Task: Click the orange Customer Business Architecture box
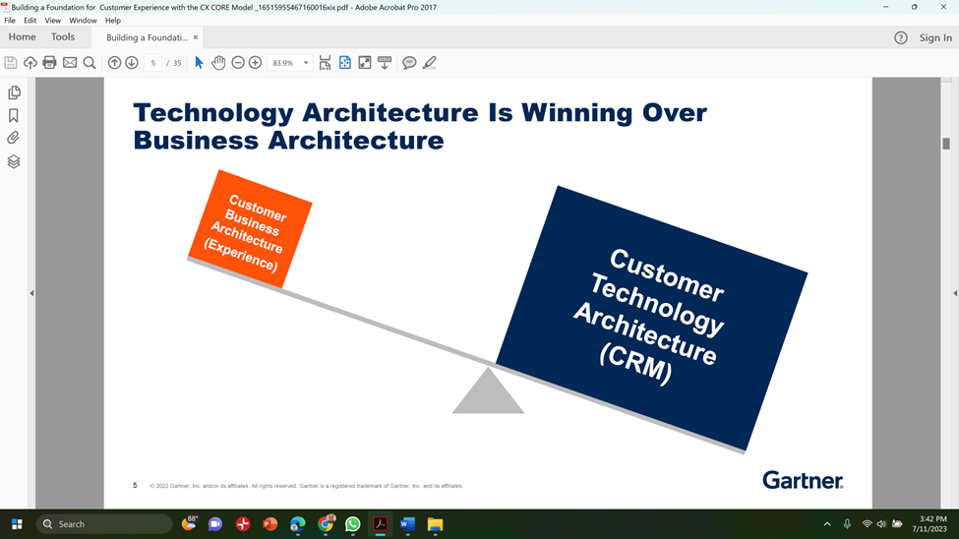tap(250, 229)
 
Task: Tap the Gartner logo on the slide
tap(803, 480)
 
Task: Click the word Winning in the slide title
tap(576, 112)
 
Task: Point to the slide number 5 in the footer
tap(135, 485)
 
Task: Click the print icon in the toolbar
tap(49, 62)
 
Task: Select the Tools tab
tap(63, 36)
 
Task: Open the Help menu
tap(113, 21)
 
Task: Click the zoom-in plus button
tap(255, 62)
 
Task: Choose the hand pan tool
tap(218, 62)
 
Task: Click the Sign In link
tap(935, 37)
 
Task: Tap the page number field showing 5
tap(152, 62)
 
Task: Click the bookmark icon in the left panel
tap(14, 115)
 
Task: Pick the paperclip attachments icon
tap(14, 138)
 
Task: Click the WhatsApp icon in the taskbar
tap(353, 524)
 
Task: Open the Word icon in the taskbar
tap(407, 524)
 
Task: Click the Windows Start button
tap(17, 524)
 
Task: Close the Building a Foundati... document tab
tap(196, 37)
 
